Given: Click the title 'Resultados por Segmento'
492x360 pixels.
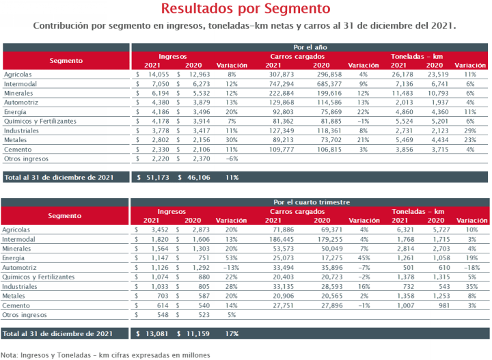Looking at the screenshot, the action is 246,8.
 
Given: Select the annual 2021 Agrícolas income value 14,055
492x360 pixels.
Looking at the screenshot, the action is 159,74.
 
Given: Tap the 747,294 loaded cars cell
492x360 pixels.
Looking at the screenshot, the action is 282,84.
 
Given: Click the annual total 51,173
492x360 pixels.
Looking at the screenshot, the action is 158,177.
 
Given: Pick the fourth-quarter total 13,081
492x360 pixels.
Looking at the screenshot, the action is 157,333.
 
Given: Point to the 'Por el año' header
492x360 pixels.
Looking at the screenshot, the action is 310,47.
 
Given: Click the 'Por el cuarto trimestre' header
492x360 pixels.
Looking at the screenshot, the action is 312,202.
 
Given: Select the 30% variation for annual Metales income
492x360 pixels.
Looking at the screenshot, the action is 232,140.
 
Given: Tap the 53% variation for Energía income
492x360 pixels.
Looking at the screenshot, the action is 231,258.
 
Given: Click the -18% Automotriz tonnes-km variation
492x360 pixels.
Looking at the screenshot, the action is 472,268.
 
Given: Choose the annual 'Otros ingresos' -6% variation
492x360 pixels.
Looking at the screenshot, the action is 232,158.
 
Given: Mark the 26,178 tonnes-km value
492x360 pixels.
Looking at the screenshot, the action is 402,74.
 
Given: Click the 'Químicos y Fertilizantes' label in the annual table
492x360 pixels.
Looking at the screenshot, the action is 40,122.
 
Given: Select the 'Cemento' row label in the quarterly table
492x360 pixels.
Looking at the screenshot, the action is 16,305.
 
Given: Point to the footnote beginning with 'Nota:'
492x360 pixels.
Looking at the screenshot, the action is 105,355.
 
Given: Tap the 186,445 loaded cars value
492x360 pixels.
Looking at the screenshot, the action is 282,239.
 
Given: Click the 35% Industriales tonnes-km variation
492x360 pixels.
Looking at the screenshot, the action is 472,287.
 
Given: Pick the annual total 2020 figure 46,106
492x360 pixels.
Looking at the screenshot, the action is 199,177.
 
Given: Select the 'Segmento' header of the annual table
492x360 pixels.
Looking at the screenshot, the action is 66,61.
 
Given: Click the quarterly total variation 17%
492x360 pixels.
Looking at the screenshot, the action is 232,333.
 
